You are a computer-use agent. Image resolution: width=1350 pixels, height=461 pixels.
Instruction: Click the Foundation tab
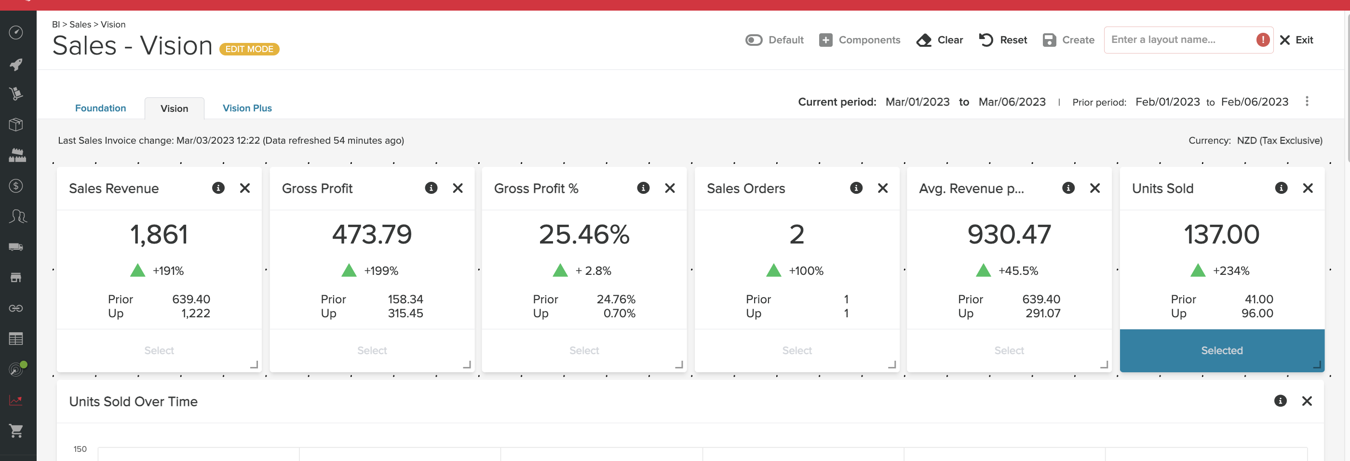click(100, 108)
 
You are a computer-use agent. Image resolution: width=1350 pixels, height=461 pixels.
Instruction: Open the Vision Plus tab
click(247, 108)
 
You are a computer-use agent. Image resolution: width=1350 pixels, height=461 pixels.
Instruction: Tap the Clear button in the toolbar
click(940, 40)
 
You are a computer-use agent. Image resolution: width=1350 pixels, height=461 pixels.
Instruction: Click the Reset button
click(1003, 40)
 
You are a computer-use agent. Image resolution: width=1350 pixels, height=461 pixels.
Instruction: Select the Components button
click(860, 40)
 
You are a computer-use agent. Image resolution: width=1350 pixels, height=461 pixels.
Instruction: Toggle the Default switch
click(754, 40)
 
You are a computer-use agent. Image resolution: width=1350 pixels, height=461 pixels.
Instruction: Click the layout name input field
click(1179, 40)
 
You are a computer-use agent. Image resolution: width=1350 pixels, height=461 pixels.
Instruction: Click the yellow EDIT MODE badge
click(249, 49)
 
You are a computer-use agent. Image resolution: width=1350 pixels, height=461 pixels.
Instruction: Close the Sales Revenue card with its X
click(245, 188)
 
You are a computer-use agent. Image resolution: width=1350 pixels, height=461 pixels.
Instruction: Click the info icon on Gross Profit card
click(431, 188)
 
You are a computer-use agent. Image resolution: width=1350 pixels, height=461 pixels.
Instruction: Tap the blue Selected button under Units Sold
click(1222, 351)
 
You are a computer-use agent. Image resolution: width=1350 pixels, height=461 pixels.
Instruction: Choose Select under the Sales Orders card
click(796, 351)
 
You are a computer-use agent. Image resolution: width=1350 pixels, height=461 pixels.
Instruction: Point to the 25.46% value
click(584, 234)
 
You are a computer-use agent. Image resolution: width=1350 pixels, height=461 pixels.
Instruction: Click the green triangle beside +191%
click(137, 271)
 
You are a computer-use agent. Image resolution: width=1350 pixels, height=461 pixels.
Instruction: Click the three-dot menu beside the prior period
click(1307, 101)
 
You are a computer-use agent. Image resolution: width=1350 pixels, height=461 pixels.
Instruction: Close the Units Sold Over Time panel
click(1307, 401)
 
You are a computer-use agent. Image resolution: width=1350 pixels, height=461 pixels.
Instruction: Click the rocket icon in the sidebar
click(16, 65)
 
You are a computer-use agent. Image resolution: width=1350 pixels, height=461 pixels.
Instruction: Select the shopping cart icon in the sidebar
click(16, 431)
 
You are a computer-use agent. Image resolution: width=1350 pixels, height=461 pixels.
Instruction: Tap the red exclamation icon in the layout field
click(1262, 40)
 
